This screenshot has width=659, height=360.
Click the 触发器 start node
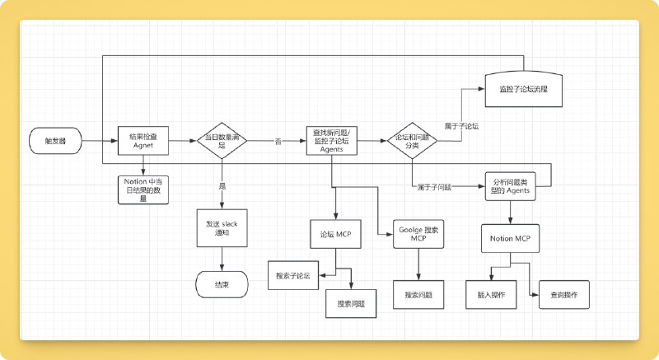tap(55, 141)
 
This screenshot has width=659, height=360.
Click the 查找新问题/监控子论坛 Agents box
tap(332, 141)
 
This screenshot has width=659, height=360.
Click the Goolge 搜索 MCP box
tap(418, 233)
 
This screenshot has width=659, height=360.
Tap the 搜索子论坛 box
tap(293, 275)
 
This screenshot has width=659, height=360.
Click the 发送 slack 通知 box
tap(222, 228)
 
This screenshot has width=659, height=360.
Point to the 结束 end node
tap(222, 285)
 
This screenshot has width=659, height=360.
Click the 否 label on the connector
tap(278, 142)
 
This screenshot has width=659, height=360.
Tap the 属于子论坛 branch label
tap(461, 126)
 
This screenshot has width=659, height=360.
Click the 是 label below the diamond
tap(222, 186)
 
